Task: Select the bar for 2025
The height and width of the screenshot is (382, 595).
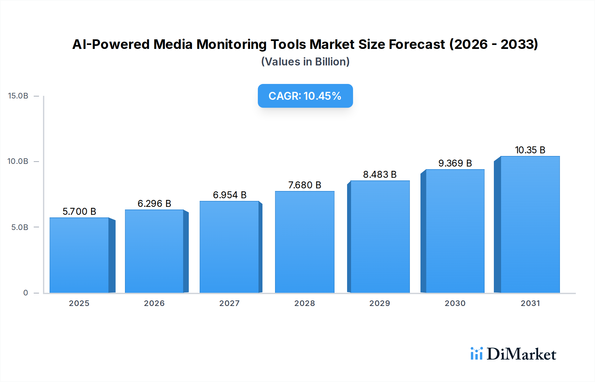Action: point(79,255)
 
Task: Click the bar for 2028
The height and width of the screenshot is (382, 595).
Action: point(304,242)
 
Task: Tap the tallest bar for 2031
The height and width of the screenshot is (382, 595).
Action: point(530,224)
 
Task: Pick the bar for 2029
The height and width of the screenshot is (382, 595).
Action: point(380,237)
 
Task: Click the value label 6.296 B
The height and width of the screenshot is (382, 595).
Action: point(154,204)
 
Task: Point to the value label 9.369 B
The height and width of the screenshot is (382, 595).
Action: point(455,163)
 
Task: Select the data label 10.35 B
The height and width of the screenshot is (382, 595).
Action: point(530,150)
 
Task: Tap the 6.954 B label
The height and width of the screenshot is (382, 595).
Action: point(229,195)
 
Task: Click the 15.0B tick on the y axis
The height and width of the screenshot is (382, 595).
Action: point(18,96)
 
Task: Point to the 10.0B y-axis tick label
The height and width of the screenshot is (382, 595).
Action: point(18,161)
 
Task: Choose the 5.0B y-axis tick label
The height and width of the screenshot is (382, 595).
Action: point(20,227)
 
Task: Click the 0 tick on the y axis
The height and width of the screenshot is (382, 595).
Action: point(25,293)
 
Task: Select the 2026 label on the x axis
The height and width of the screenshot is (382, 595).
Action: point(154,303)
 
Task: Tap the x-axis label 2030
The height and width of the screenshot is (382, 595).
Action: point(455,303)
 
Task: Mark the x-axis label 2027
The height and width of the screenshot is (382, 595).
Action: point(229,303)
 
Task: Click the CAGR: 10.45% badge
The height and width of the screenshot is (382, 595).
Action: point(305,96)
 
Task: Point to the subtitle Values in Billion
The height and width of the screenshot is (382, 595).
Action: point(305,62)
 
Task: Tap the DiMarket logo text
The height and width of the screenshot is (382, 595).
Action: point(521,354)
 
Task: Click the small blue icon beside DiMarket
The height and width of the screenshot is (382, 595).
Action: point(476,354)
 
